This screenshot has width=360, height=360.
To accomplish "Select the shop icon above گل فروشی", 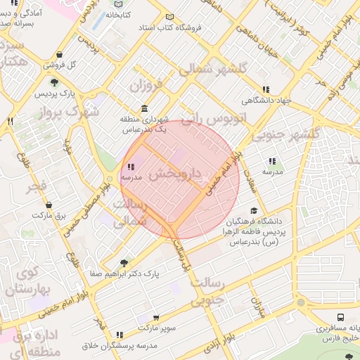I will [x=59, y=55].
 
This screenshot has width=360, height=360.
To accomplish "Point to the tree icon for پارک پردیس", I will [x=55, y=83].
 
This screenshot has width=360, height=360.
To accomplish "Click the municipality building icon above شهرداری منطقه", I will [x=144, y=109].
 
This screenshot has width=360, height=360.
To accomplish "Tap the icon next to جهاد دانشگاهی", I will [x=265, y=89].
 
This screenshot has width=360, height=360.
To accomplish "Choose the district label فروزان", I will [x=145, y=86].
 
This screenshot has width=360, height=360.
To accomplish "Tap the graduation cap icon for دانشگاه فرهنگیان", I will [x=254, y=210].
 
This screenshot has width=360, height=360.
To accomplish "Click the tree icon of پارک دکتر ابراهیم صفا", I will [x=124, y=262].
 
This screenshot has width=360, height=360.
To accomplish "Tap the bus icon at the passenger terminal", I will [x=340, y=318].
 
